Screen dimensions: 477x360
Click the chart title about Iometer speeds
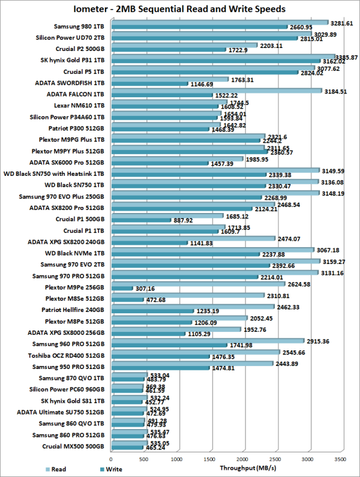(179, 9)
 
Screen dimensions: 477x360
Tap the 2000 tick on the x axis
(242, 458)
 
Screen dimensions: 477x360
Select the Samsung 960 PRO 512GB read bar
(207, 341)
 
